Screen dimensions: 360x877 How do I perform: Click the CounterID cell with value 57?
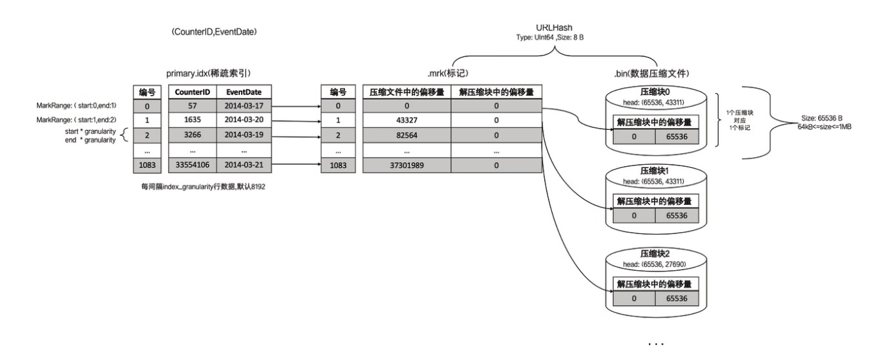[x=191, y=105]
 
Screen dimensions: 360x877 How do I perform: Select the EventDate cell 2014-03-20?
[x=244, y=120]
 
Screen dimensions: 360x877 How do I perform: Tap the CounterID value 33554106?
[x=191, y=165]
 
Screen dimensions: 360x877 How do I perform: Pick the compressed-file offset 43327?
[x=405, y=120]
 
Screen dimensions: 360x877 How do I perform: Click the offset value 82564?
[x=405, y=135]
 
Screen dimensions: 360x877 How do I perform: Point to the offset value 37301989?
[x=405, y=165]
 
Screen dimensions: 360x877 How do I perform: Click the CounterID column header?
[x=191, y=92]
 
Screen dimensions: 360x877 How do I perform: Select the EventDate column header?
[x=244, y=92]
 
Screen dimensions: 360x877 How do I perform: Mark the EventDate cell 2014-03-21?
[x=244, y=165]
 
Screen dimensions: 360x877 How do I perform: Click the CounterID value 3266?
[x=191, y=135]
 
